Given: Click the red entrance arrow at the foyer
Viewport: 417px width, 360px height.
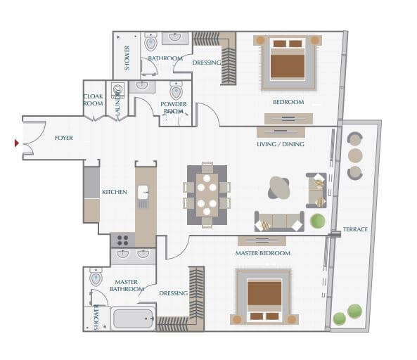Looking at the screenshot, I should point(17,143).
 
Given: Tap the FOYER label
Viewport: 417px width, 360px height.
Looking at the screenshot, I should point(64,139).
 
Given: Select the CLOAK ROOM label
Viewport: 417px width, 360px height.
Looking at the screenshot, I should point(94,100).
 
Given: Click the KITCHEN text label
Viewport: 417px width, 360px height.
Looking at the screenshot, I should point(114,192).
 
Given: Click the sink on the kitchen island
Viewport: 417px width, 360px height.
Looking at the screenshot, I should point(143,191).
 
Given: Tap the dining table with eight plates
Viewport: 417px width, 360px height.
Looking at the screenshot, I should point(207,195).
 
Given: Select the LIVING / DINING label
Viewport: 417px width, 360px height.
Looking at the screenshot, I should point(280,145).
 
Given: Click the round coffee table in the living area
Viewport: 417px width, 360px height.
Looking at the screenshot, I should point(279,187).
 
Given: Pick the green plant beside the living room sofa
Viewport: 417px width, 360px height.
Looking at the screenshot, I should point(318,221).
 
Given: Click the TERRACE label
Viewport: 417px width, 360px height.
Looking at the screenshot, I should point(355,230).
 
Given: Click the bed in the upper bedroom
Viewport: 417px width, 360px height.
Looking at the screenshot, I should point(288,60).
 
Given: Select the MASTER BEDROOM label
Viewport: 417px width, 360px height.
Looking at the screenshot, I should point(262,253).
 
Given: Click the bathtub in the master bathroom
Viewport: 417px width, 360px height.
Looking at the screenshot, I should point(134,319).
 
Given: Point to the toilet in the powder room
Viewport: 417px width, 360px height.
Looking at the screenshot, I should point(176,91).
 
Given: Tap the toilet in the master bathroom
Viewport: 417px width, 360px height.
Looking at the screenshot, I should point(96,278).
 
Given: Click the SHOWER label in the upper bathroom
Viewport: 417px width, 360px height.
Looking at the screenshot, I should point(127,58).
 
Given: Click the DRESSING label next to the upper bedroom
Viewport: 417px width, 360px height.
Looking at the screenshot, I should point(207,63).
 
